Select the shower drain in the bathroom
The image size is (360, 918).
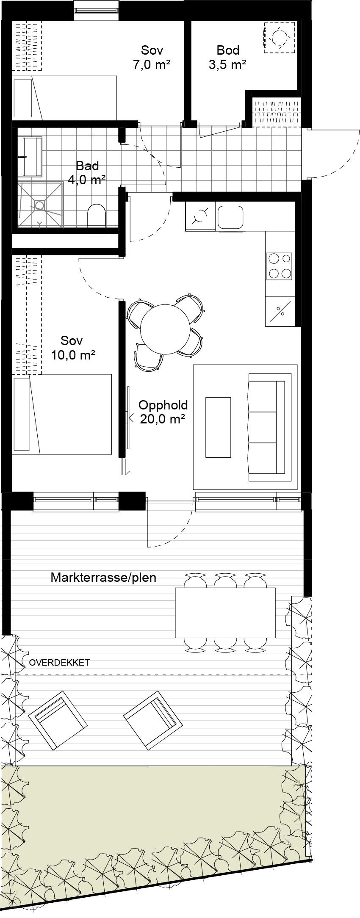39,205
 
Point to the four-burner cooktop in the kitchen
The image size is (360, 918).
279,266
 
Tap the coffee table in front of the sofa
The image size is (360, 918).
218,427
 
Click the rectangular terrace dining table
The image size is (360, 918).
225,612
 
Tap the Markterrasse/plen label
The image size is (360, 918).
103,577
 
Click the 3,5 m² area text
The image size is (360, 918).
228,65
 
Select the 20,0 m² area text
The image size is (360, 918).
162,419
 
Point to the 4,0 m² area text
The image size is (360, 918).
86,180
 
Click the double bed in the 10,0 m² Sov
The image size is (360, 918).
62,414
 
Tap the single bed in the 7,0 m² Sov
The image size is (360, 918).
64,98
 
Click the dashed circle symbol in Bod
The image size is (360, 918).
279,37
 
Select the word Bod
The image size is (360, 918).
228,50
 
